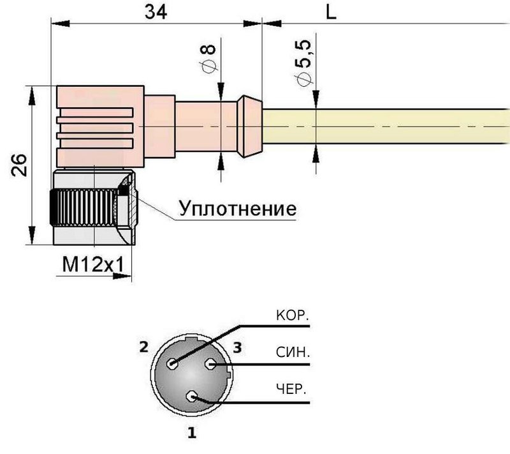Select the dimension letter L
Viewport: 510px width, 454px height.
coord(331,11)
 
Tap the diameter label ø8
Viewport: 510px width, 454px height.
coord(208,56)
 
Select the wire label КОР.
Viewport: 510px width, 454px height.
coord(292,315)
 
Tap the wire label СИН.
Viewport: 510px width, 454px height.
coord(292,352)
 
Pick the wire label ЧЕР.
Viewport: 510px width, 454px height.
coord(292,389)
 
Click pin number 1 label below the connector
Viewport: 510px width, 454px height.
coord(191,434)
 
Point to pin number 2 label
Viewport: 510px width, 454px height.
coord(143,348)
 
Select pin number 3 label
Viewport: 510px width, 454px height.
coord(237,348)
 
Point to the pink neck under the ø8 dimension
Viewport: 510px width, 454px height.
coord(204,126)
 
